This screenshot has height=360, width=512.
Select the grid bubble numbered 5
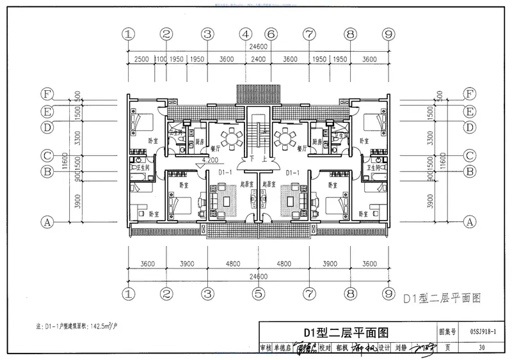click(259, 293)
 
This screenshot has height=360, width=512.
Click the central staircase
click(258, 131)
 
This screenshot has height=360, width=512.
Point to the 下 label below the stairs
click(253, 159)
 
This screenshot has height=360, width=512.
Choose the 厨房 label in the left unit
click(200, 142)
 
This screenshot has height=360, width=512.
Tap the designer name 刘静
click(401, 349)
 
